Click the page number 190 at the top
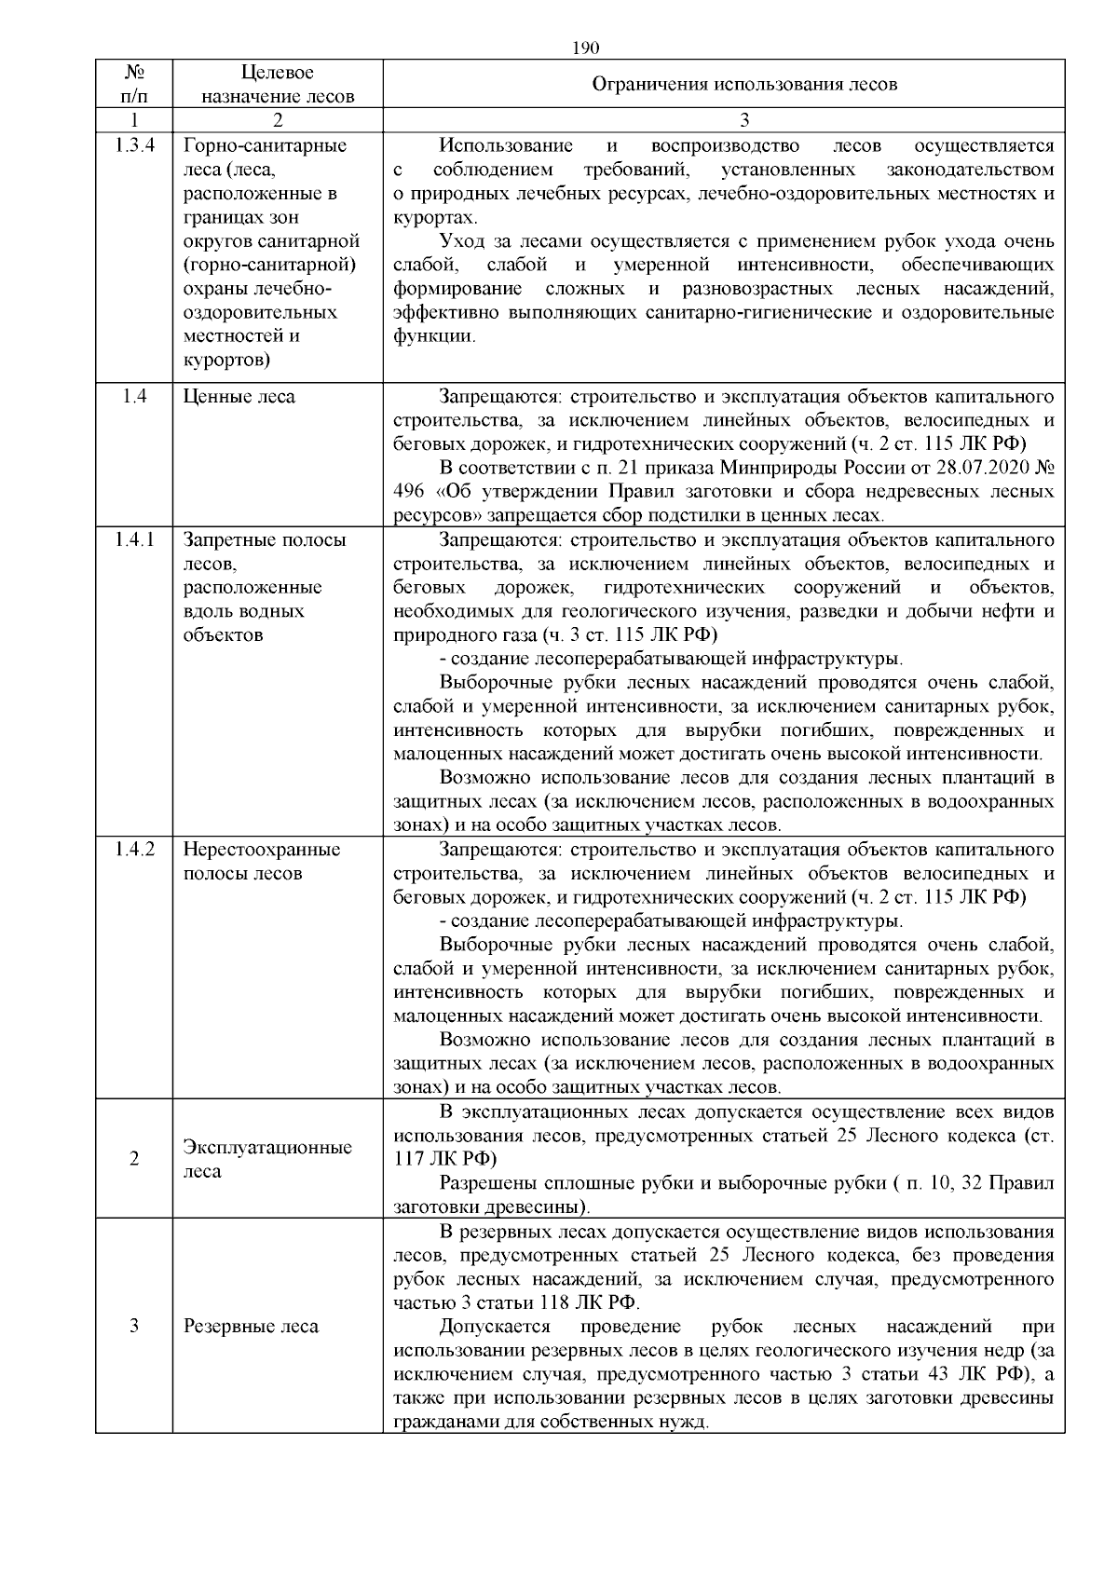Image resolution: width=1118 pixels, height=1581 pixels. (x=584, y=48)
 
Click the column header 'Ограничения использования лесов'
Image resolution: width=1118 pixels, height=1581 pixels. (x=744, y=84)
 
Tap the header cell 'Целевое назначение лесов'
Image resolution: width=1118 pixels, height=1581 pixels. (x=278, y=84)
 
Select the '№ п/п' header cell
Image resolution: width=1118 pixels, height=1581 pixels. (x=134, y=84)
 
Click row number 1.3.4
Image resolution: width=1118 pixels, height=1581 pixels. (x=134, y=145)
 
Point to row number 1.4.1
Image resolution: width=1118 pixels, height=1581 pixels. (x=134, y=540)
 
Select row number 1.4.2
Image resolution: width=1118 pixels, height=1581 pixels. (x=134, y=850)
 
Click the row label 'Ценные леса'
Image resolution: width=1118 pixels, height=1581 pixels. (x=239, y=397)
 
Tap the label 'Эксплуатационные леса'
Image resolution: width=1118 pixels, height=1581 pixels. (x=267, y=1159)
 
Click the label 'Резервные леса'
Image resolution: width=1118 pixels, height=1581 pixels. (x=251, y=1327)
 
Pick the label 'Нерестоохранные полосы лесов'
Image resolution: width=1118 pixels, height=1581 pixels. (x=262, y=862)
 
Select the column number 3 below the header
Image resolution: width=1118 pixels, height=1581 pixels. (x=743, y=120)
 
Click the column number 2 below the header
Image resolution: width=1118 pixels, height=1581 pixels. (x=278, y=120)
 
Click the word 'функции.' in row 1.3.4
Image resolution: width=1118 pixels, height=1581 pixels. (x=434, y=337)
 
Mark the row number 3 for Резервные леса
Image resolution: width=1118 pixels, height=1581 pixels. (x=134, y=1327)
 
